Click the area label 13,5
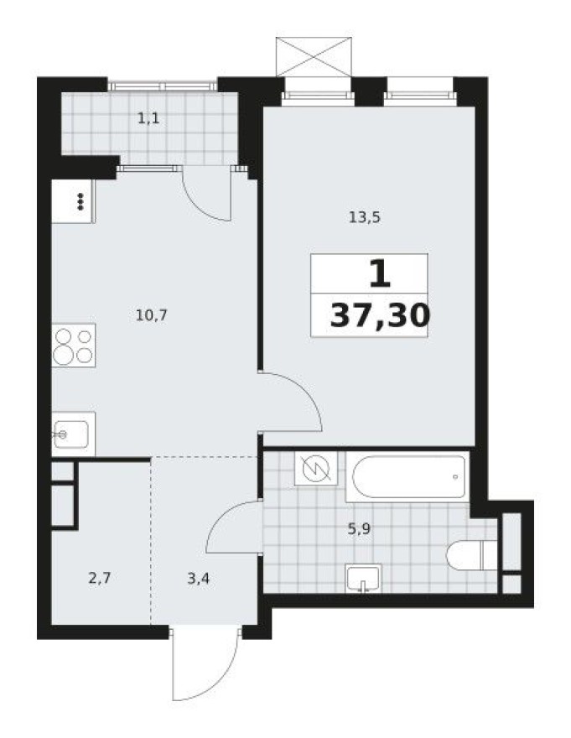[x=365, y=217]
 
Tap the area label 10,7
[x=152, y=315]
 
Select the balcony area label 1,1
[x=148, y=118]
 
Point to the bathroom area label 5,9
[x=361, y=529]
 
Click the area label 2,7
[x=100, y=577]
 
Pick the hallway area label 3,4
[x=199, y=577]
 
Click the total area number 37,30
[x=380, y=316]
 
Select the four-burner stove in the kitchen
[x=73, y=346]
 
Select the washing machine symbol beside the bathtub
[x=315, y=468]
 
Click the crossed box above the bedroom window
[x=314, y=57]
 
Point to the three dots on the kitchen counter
[x=81, y=201]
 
